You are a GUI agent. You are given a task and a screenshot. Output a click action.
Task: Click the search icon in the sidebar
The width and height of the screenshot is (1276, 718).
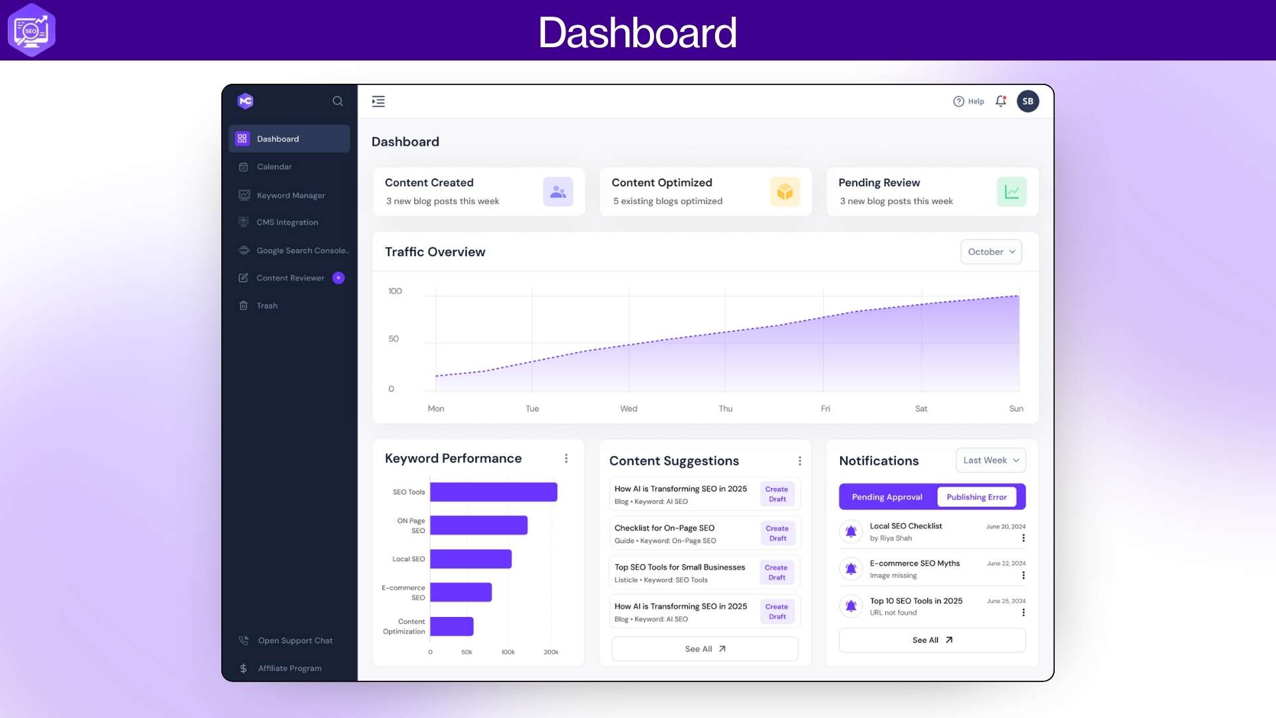coord(338,101)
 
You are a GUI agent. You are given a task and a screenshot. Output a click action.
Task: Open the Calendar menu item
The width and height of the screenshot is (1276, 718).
coord(274,167)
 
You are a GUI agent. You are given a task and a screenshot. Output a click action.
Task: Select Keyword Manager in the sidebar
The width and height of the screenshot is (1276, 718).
coord(290,195)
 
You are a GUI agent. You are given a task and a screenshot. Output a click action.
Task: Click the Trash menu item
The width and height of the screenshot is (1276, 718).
coord(266,306)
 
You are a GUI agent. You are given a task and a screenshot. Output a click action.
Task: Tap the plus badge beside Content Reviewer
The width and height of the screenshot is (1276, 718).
coord(338,278)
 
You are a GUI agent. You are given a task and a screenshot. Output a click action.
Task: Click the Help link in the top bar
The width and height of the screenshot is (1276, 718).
coord(969,102)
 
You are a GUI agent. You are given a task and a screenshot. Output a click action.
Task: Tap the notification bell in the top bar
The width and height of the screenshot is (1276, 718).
coord(1001,101)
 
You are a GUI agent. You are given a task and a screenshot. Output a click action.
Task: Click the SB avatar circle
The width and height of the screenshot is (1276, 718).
coord(1027,101)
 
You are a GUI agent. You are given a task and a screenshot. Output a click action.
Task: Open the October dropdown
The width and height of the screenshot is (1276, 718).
coord(991,252)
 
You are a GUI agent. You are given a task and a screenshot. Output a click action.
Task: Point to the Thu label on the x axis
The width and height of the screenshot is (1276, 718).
coord(725,409)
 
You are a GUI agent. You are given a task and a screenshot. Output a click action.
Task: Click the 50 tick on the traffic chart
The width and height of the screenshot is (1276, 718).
coord(393,339)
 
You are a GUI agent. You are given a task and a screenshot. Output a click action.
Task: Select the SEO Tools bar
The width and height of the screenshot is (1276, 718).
coord(493,492)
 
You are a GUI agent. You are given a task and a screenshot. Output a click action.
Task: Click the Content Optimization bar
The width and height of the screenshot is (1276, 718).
coord(452,626)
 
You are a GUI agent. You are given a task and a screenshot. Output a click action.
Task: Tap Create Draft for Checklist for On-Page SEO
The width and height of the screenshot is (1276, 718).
coord(777,533)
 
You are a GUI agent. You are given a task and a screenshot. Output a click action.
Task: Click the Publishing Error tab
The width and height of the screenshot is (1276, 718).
coord(976,497)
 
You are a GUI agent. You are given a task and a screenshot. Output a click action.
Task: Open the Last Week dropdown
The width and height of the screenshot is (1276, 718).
coord(990,461)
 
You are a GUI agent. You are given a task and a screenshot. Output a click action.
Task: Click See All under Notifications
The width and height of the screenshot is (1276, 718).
coord(932,640)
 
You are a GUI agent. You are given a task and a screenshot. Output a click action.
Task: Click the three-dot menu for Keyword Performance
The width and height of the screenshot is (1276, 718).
coord(566,459)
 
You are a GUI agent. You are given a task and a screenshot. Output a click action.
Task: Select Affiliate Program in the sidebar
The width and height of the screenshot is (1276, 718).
coord(289,668)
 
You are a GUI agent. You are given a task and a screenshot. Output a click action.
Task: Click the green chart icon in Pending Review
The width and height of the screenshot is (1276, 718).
coord(1011,192)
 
